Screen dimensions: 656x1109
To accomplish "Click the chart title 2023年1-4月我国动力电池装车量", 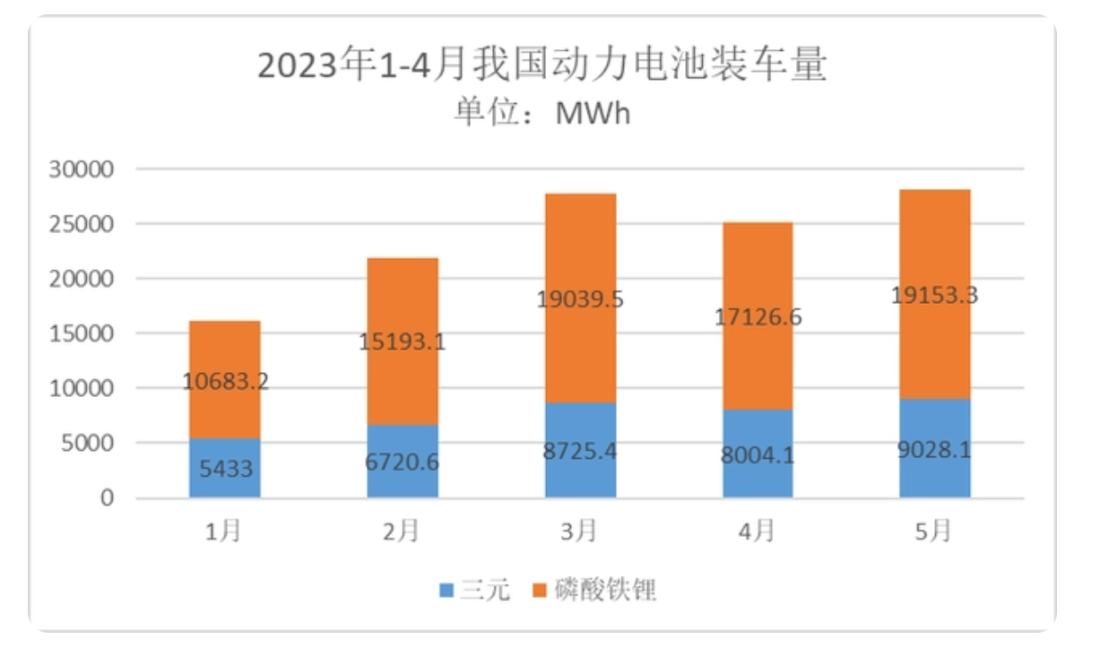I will coord(542,66).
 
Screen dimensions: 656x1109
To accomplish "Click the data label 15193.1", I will coord(403,341).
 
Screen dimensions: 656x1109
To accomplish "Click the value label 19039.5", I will coord(580,298).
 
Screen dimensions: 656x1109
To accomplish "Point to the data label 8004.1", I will coord(758,456).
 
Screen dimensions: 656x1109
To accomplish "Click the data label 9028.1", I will coord(935,448).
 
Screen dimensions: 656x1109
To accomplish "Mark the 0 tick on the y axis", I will coord(107,498).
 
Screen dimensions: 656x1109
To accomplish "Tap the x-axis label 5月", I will coord(934,531).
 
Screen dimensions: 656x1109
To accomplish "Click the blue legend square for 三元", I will coord(446,591).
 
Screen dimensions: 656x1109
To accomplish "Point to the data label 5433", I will coord(224,468).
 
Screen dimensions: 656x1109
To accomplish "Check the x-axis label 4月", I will coord(757,531).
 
